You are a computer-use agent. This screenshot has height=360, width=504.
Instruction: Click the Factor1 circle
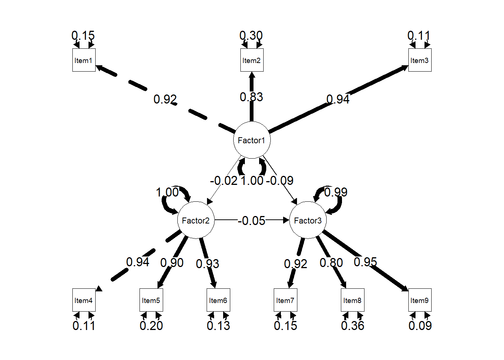(252, 140)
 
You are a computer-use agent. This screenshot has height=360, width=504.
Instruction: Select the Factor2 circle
(196, 220)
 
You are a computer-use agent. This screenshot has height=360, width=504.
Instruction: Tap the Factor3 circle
(308, 220)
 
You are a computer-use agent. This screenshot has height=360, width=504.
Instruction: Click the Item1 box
(84, 60)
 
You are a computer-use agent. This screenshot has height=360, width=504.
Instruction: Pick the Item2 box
(252, 60)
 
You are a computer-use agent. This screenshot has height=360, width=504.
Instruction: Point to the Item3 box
(420, 60)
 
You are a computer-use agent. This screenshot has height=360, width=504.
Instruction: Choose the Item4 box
(84, 300)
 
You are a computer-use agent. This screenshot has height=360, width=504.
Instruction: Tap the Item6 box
(218, 300)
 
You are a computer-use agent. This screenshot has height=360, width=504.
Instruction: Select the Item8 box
(352, 300)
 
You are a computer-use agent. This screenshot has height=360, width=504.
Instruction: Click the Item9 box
(420, 300)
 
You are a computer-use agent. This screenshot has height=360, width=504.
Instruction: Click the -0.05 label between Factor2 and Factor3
(252, 220)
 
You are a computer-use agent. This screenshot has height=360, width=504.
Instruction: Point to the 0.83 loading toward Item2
(252, 97)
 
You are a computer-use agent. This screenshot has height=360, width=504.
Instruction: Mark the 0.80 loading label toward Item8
(331, 262)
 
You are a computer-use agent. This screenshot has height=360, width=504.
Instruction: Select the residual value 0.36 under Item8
(352, 325)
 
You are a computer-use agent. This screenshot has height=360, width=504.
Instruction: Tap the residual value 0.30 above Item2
(251, 36)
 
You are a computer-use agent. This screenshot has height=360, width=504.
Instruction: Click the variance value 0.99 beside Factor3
(336, 192)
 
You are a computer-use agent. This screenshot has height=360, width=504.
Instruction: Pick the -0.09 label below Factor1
(280, 180)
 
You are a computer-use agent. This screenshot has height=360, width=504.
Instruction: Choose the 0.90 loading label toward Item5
(172, 262)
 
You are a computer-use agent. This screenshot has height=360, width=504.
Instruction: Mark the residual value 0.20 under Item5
(151, 325)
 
